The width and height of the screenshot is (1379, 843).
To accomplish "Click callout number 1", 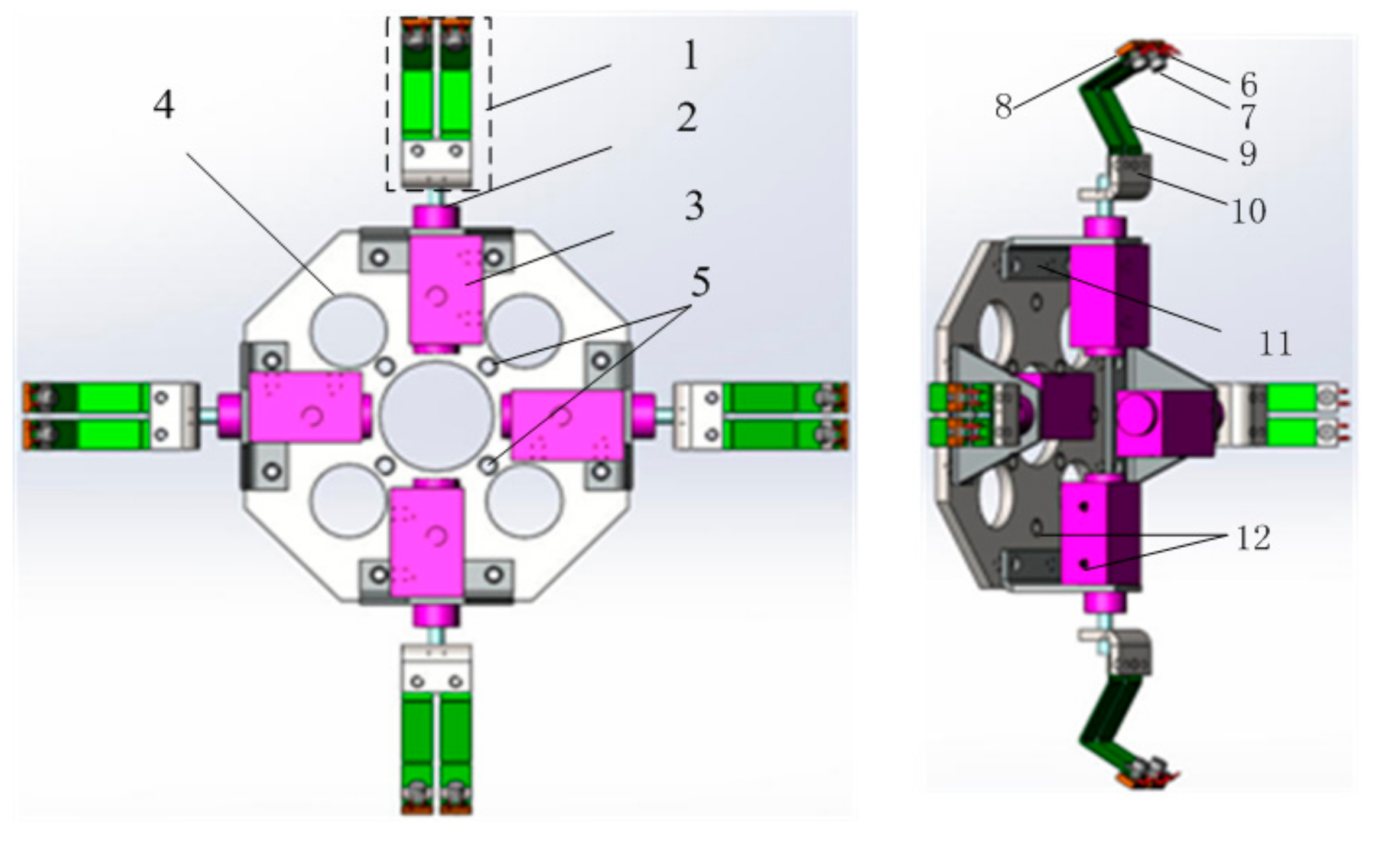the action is click(689, 57).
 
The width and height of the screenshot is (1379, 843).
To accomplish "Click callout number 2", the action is click(687, 117).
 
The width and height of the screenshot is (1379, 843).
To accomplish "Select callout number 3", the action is click(694, 206).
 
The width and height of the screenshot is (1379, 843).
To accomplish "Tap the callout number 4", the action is click(164, 106).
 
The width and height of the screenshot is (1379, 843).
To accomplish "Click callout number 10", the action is click(1248, 211).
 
